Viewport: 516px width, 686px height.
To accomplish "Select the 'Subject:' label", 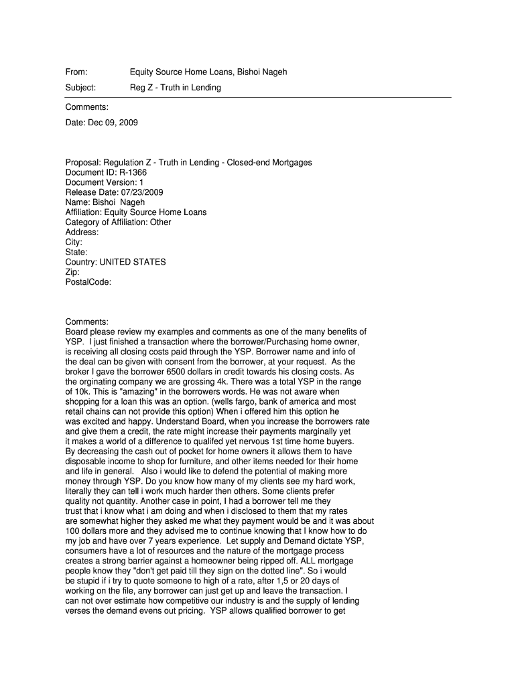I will [80, 88].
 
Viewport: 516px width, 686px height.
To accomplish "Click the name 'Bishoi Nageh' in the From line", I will [263, 72].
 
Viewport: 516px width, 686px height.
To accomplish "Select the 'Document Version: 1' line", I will [104, 182].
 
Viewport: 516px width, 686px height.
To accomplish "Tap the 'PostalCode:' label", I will [88, 282].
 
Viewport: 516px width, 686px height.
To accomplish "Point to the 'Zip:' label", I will [72, 272].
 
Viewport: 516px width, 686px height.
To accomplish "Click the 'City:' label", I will [74, 242].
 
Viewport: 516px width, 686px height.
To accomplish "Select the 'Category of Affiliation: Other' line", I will [118, 222].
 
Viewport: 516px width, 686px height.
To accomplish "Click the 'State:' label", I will [76, 252].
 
